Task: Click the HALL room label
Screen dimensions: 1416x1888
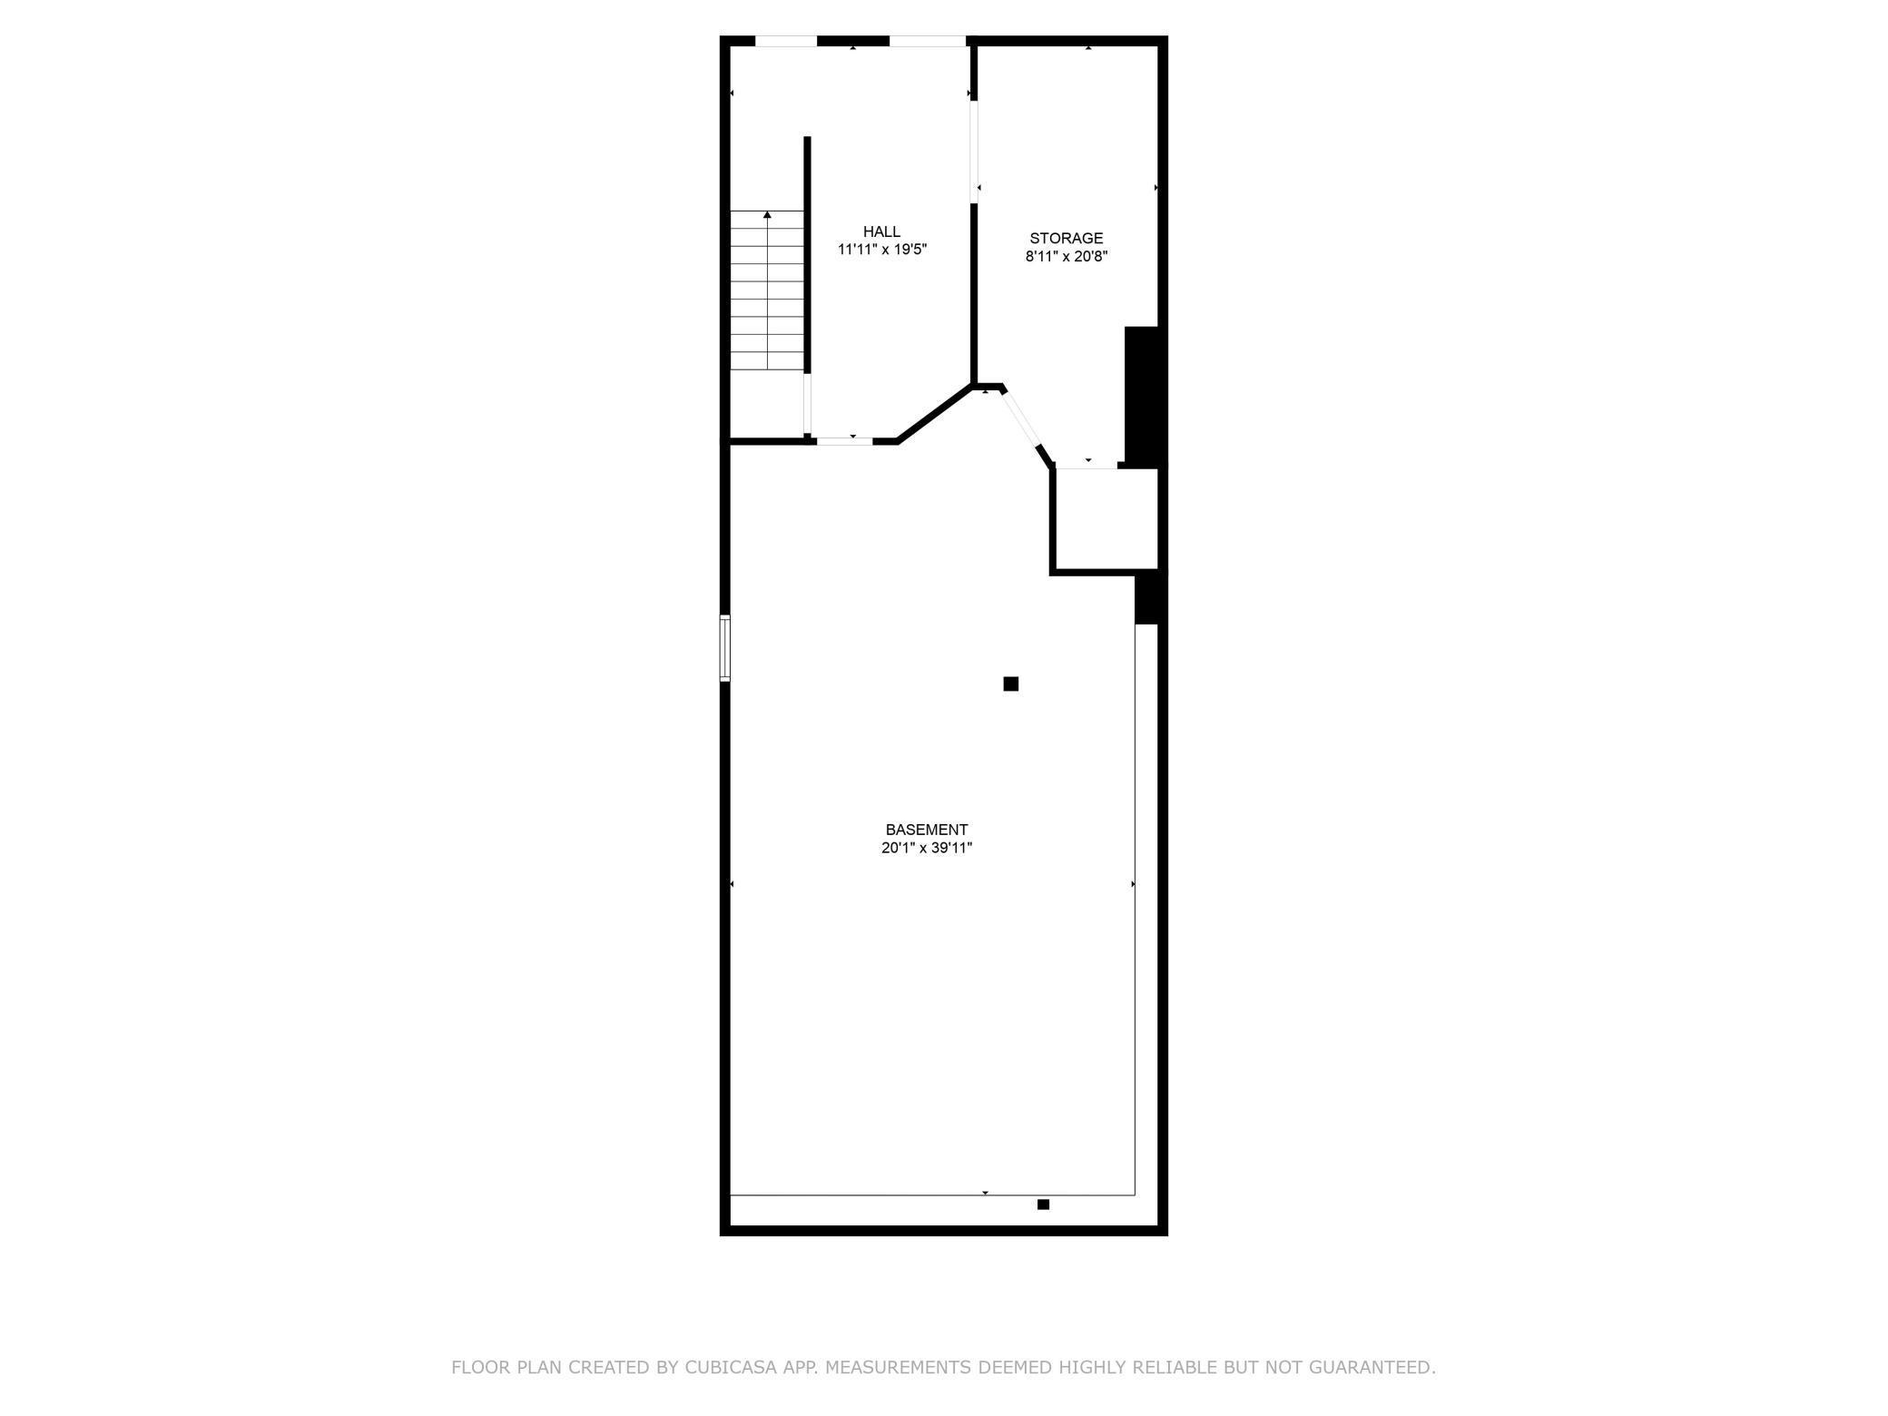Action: coord(881,231)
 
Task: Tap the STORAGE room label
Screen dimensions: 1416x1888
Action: coord(1066,238)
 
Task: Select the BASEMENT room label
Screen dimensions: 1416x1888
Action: coord(926,829)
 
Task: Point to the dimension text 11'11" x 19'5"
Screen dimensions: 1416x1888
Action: coord(881,249)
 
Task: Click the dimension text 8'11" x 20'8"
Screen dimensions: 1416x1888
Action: coord(1066,256)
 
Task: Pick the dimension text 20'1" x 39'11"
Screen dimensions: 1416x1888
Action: coord(926,848)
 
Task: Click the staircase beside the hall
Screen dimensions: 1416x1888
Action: coord(767,290)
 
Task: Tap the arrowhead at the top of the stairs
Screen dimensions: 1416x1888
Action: coord(767,215)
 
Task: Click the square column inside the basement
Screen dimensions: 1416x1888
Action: coord(1010,683)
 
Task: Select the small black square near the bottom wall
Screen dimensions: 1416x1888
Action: coord(1043,1205)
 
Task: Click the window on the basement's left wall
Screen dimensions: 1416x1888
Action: coord(724,647)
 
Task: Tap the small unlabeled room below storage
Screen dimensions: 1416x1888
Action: coord(1106,519)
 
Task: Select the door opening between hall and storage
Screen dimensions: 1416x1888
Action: coord(974,152)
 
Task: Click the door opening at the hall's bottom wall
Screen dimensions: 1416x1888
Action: coord(844,441)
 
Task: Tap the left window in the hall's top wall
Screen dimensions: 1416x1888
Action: coord(786,41)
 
